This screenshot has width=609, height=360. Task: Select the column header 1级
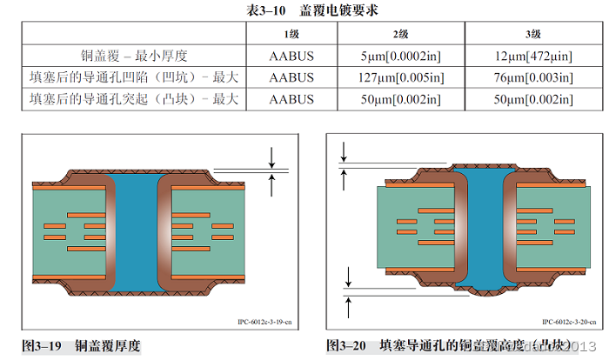(292, 34)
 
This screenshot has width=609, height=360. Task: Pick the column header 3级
(532, 34)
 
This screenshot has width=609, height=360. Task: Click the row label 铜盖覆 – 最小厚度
(134, 56)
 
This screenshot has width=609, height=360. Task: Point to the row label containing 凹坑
(134, 77)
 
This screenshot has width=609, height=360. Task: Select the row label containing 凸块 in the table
(134, 99)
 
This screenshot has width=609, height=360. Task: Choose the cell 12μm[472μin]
(532, 56)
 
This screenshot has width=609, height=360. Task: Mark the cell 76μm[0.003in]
(532, 77)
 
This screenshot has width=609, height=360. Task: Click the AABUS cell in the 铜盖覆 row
(292, 56)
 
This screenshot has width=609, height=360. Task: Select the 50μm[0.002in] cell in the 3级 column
(532, 99)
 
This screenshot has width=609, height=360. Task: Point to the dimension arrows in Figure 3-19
(272, 170)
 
